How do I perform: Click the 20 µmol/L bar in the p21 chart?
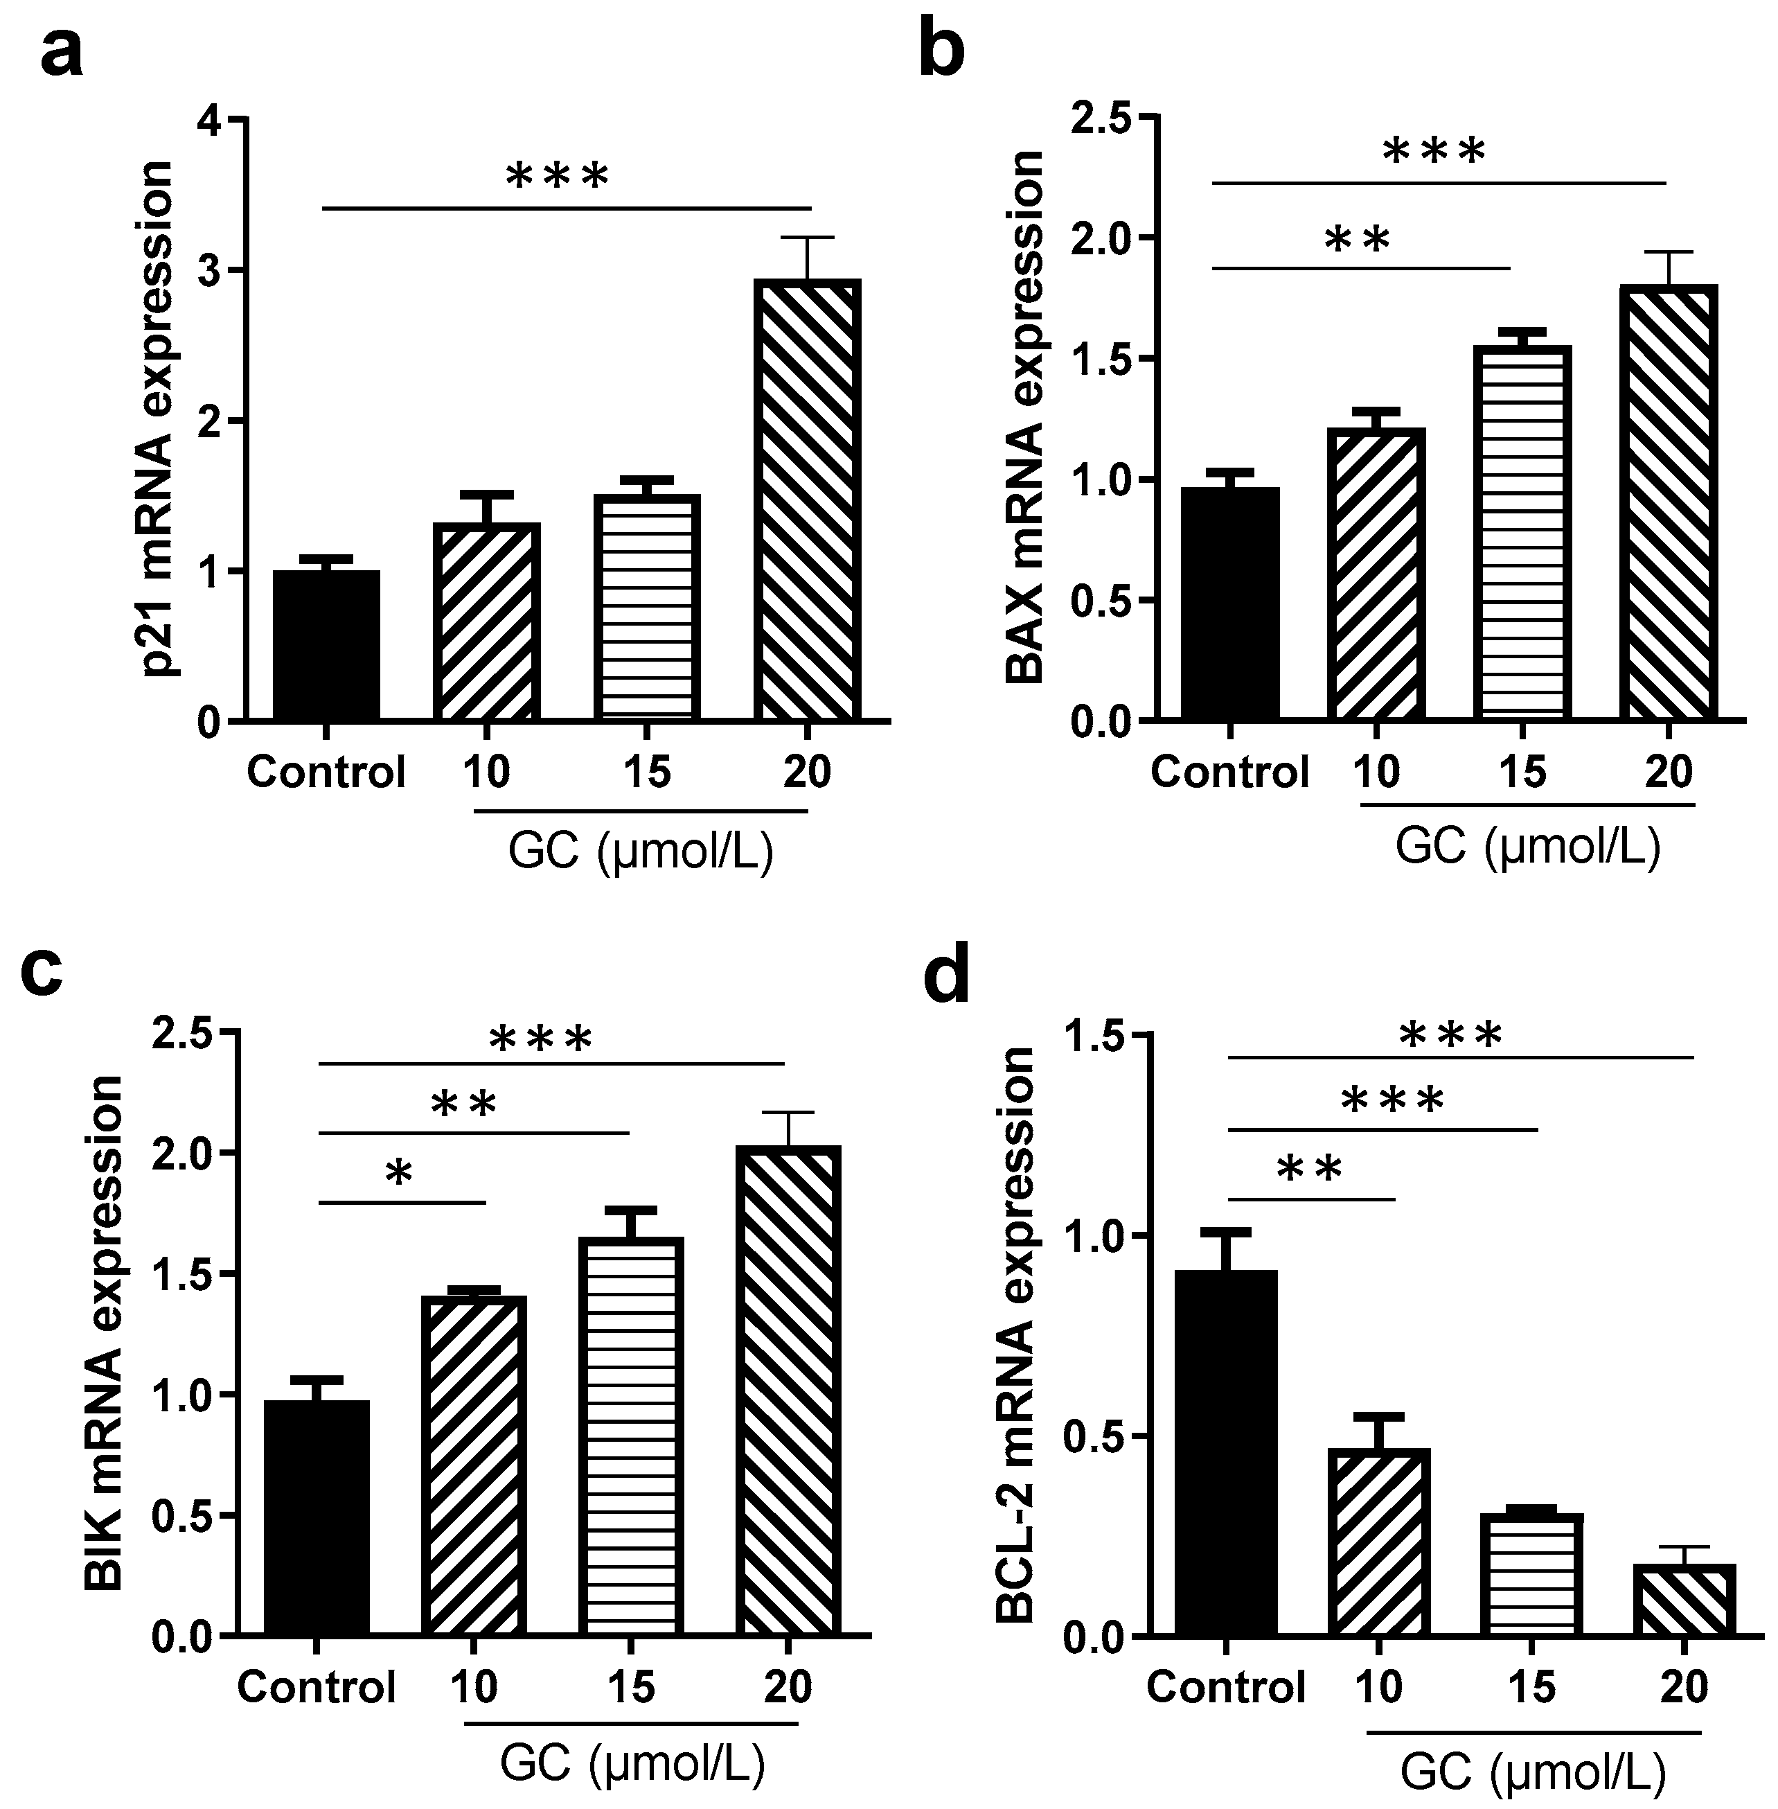pyautogui.click(x=808, y=500)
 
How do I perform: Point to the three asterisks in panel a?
pyautogui.click(x=558, y=175)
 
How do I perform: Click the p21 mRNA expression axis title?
pyautogui.click(x=156, y=418)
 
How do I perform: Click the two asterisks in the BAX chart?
pyautogui.click(x=1358, y=240)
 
